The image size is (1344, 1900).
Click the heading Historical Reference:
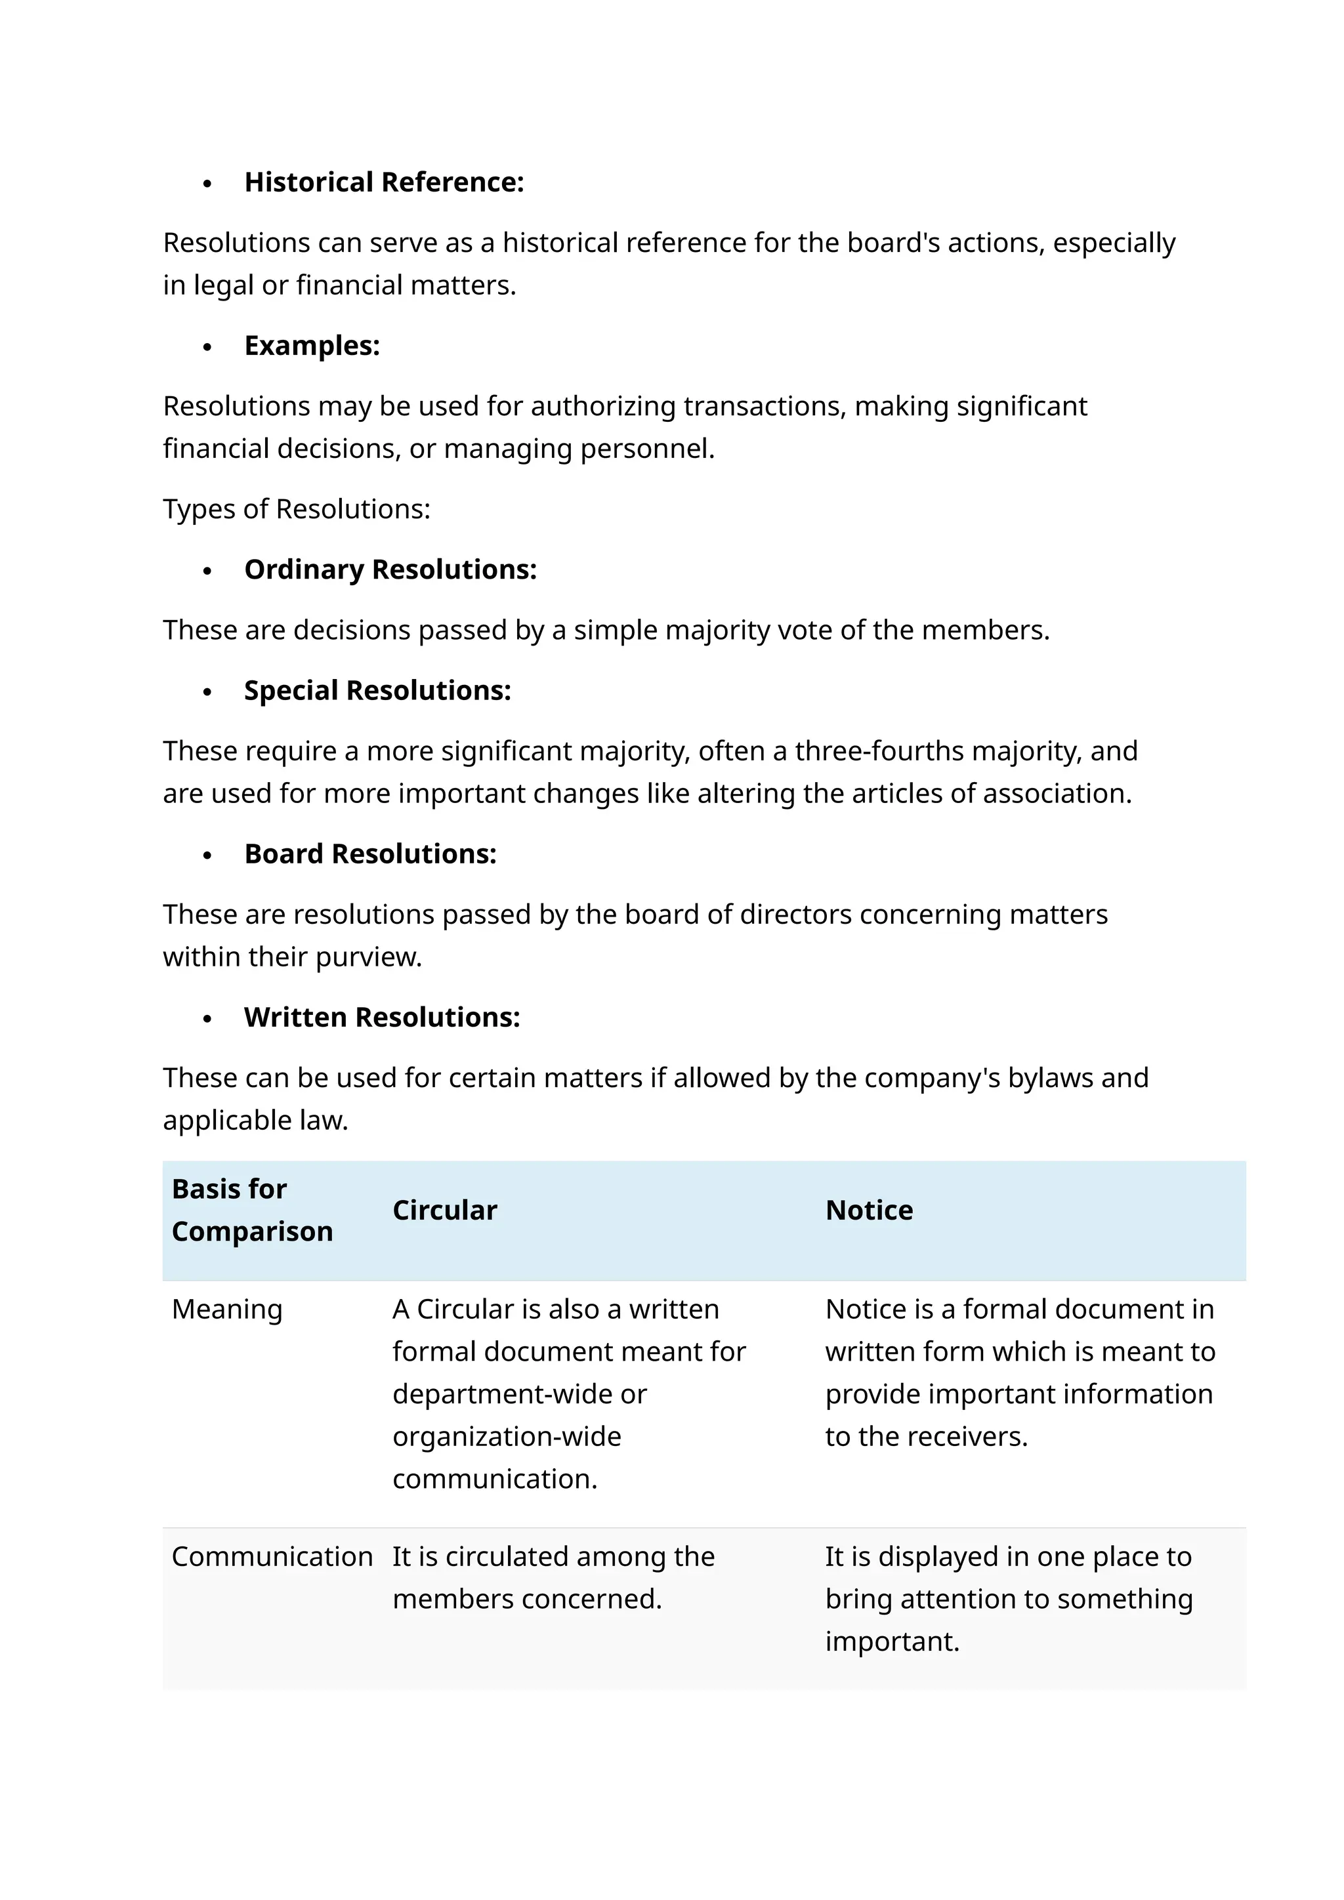coord(384,182)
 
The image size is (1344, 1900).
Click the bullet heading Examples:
coord(312,345)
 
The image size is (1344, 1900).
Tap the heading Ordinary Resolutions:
coord(390,569)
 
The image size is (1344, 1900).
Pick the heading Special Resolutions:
coord(377,690)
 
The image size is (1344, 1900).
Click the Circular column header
coord(444,1210)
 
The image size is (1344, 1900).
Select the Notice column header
coord(869,1210)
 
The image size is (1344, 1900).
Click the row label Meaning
coord(227,1309)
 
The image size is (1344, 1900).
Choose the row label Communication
coord(272,1557)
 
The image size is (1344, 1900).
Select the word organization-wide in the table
coord(507,1437)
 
